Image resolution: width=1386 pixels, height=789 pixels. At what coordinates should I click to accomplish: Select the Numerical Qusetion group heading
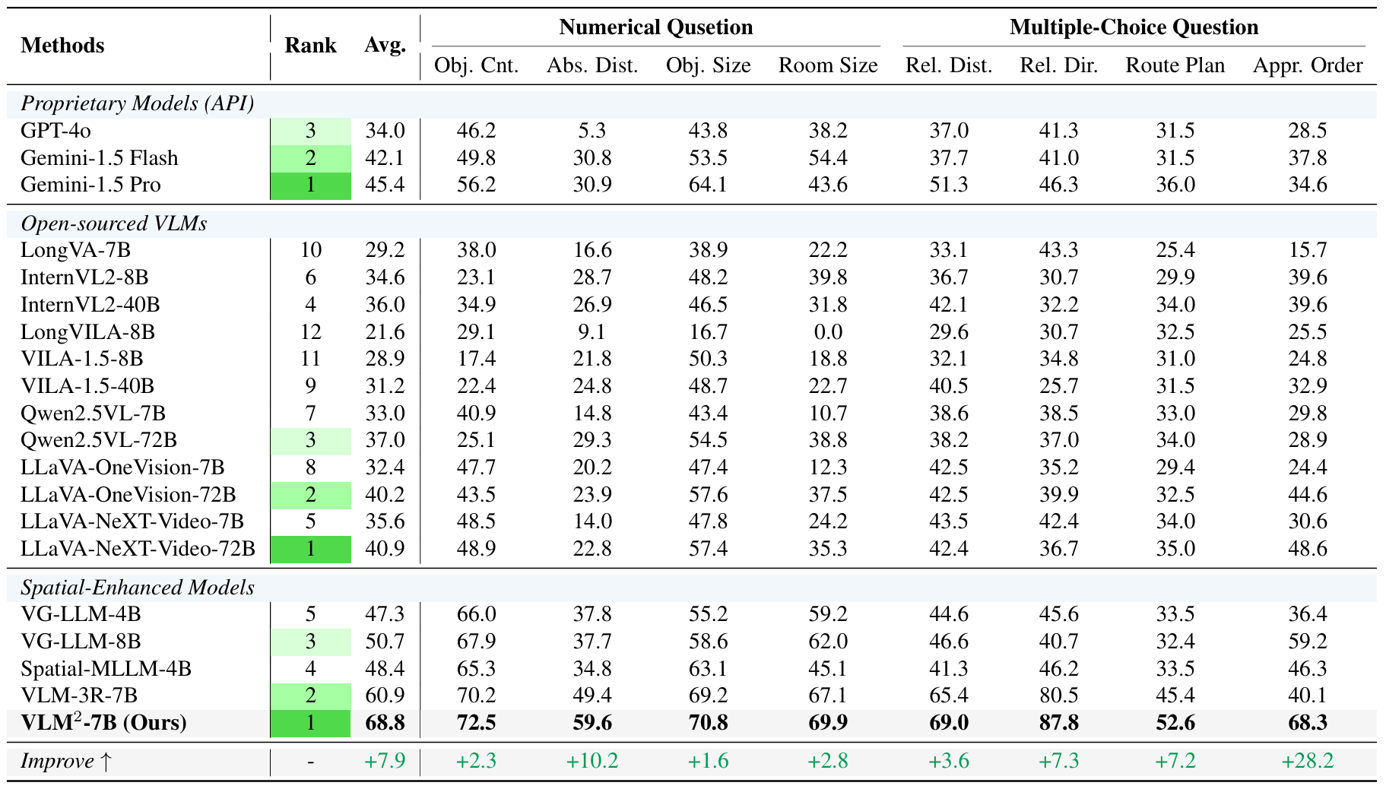(655, 27)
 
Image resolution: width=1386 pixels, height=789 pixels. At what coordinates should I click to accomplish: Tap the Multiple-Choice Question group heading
(1134, 27)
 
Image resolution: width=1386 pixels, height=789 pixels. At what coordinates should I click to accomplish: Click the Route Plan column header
(1175, 65)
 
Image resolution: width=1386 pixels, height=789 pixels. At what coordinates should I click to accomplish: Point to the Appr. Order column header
(1307, 65)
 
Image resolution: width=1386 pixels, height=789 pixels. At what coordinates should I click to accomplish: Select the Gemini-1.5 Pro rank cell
(310, 185)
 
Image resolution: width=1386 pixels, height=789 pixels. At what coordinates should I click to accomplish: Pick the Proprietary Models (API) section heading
(138, 103)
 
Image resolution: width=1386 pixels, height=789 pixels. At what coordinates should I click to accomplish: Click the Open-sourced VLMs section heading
(114, 223)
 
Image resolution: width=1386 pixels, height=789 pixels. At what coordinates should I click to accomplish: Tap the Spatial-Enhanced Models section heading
(138, 588)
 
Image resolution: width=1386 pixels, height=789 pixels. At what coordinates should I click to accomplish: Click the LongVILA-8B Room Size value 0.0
(827, 332)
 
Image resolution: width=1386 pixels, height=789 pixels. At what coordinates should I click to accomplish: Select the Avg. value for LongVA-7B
(385, 250)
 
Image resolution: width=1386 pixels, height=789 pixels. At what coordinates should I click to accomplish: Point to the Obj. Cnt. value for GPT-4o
(476, 131)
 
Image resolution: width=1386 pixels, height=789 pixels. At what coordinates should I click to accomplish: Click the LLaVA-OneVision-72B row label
(128, 495)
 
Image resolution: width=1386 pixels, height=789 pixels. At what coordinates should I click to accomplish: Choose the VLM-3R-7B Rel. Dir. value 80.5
(1058, 696)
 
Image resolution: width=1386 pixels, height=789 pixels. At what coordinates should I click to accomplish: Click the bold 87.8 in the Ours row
(1058, 722)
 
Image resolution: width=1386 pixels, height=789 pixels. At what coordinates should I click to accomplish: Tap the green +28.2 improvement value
(1307, 761)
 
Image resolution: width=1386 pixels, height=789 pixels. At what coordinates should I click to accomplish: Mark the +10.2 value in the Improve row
(592, 761)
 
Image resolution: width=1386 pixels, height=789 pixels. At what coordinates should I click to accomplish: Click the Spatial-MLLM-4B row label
(106, 669)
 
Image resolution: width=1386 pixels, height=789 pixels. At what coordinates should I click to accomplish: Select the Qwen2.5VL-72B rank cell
(310, 441)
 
